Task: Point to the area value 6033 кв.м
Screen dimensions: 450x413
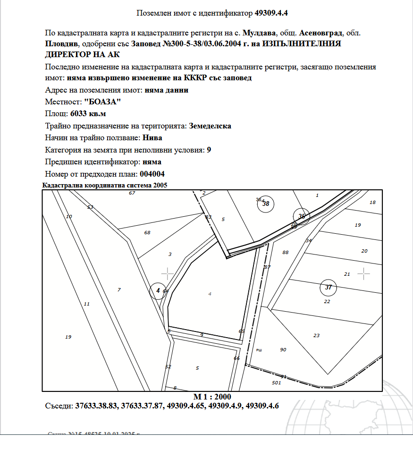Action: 88,114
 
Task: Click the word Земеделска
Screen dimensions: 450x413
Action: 210,126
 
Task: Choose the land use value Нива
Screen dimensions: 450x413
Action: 153,138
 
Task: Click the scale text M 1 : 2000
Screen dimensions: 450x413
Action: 212,396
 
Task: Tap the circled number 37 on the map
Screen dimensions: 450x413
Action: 329,287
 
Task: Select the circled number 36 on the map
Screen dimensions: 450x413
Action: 302,216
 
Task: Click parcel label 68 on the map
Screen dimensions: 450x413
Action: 147,232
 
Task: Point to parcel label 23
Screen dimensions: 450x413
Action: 316,335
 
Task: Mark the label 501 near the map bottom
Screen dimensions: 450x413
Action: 277,382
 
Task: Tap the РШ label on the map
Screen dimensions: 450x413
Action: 259,350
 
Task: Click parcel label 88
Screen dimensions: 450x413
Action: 285,252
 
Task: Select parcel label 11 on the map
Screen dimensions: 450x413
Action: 86,304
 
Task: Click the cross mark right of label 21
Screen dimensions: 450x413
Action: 363,273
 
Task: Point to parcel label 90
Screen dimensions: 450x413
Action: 283,349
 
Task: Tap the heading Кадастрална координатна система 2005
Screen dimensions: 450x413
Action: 105,186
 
